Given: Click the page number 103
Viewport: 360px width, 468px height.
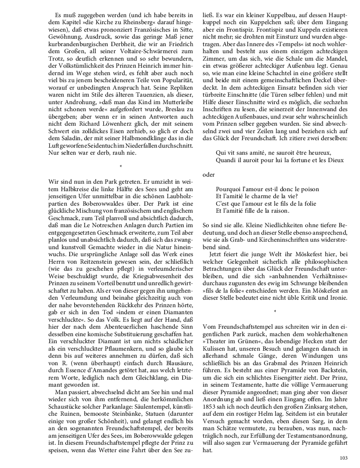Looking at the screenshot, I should pos(344,458).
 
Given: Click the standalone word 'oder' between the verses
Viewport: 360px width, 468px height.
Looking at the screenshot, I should pos(209,174).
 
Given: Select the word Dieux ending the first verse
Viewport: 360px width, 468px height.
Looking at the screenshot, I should pos(335,160).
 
